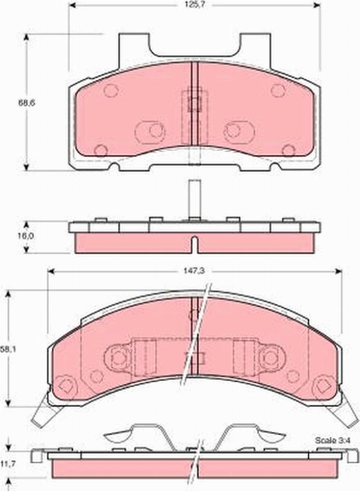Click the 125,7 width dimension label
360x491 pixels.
click(x=193, y=7)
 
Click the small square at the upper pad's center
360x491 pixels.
click(x=193, y=103)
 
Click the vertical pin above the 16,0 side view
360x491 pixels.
click(x=193, y=198)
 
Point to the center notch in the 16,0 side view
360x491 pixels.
click(x=193, y=244)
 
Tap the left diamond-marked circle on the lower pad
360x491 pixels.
click(x=67, y=385)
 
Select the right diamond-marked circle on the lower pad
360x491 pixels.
click(x=325, y=385)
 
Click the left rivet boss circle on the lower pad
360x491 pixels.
click(x=117, y=358)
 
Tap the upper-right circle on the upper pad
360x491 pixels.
click(x=277, y=91)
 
